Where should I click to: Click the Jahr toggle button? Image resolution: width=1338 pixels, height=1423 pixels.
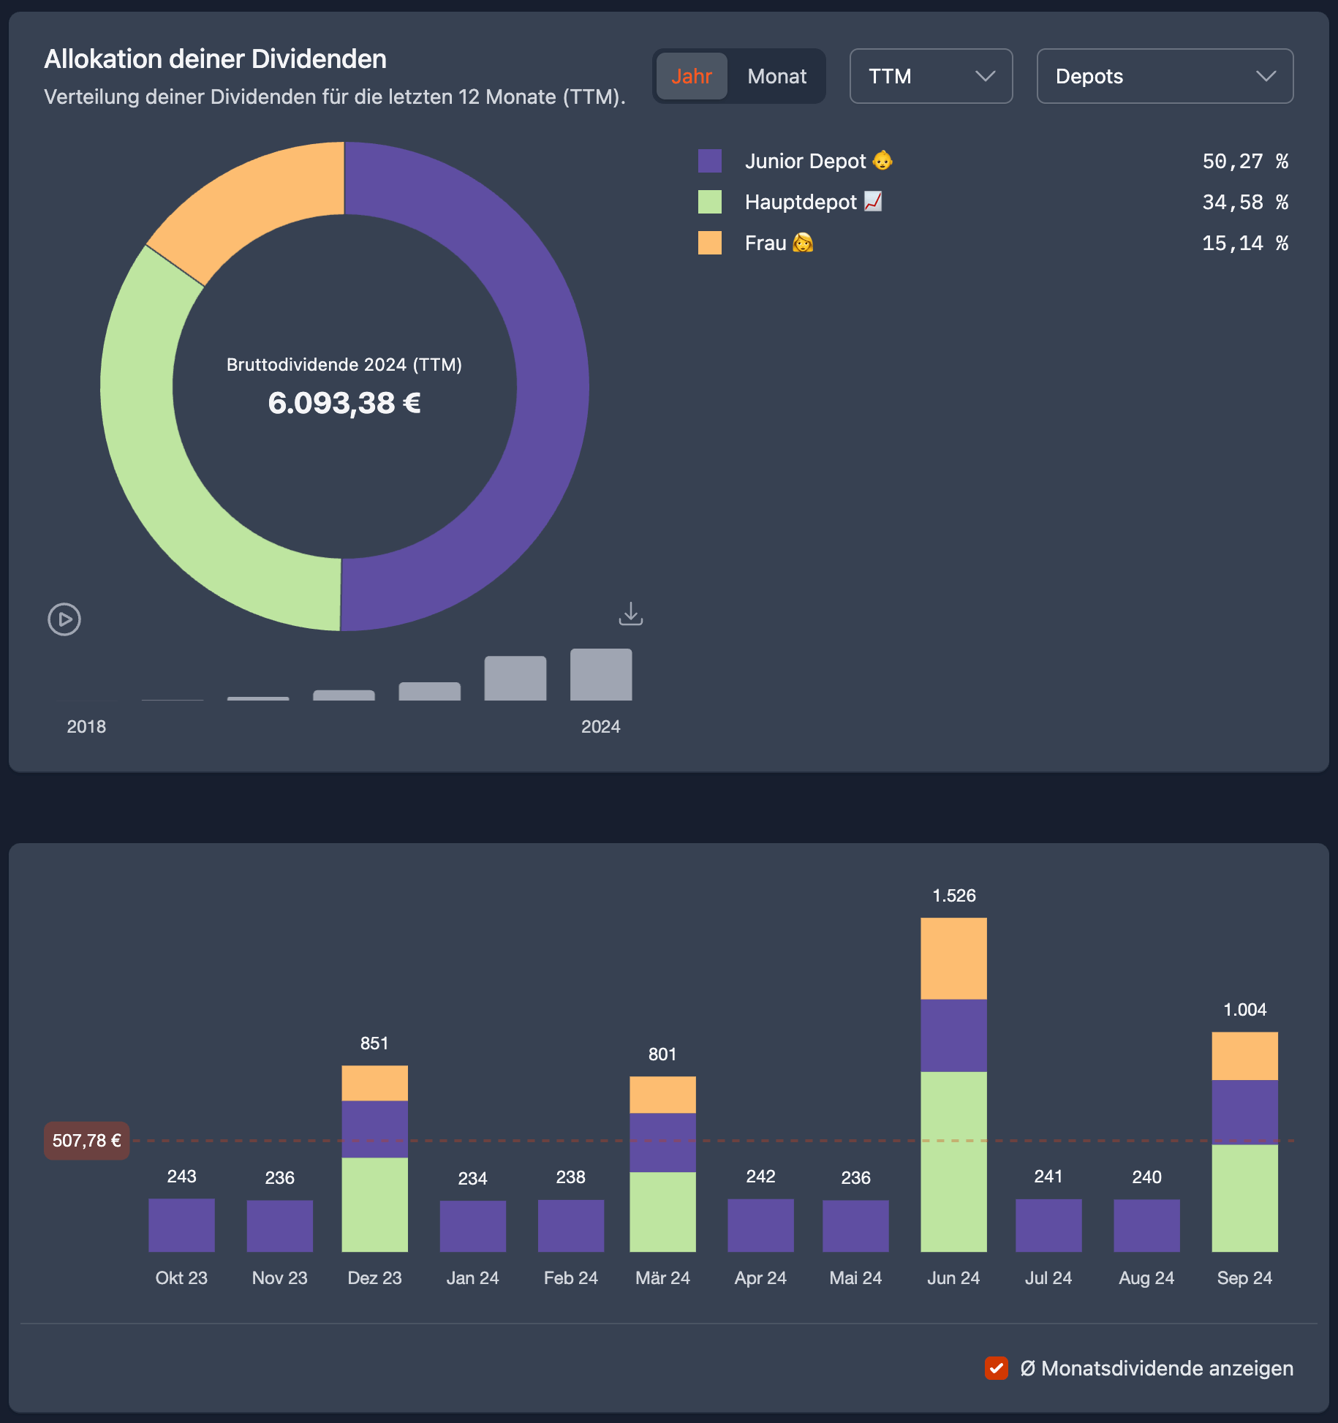pyautogui.click(x=692, y=76)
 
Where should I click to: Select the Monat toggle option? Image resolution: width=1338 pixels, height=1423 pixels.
pyautogui.click(x=776, y=76)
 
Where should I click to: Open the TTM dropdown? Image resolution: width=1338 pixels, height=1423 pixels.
pyautogui.click(x=931, y=76)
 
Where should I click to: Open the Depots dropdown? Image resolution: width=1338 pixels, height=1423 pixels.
pyautogui.click(x=1165, y=76)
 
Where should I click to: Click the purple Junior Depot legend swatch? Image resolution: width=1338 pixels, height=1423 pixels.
pyautogui.click(x=710, y=161)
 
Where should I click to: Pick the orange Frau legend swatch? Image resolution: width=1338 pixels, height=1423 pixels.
pyautogui.click(x=710, y=243)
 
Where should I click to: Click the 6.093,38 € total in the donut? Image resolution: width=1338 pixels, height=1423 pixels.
pyautogui.click(x=344, y=403)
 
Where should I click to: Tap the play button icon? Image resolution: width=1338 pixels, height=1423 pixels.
pyautogui.click(x=64, y=619)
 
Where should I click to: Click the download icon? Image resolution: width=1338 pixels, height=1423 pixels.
pyautogui.click(x=631, y=614)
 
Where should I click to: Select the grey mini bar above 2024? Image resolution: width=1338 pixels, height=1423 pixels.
pyautogui.click(x=601, y=674)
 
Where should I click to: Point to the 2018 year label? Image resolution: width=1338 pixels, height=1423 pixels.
pyautogui.click(x=86, y=726)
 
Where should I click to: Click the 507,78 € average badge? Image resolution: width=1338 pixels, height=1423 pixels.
pyautogui.click(x=87, y=1141)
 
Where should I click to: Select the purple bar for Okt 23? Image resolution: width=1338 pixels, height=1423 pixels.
pyautogui.click(x=181, y=1225)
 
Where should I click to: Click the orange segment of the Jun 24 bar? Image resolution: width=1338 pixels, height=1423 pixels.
pyautogui.click(x=953, y=958)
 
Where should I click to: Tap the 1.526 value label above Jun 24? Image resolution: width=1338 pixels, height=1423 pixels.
pyautogui.click(x=953, y=896)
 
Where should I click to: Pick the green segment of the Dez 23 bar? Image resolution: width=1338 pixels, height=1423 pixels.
pyautogui.click(x=374, y=1204)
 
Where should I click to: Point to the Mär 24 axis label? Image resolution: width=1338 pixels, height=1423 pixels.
pyautogui.click(x=662, y=1277)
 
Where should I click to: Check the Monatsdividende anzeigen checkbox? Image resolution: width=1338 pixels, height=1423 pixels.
pyautogui.click(x=996, y=1368)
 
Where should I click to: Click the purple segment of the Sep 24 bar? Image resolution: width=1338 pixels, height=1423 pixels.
pyautogui.click(x=1244, y=1111)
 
